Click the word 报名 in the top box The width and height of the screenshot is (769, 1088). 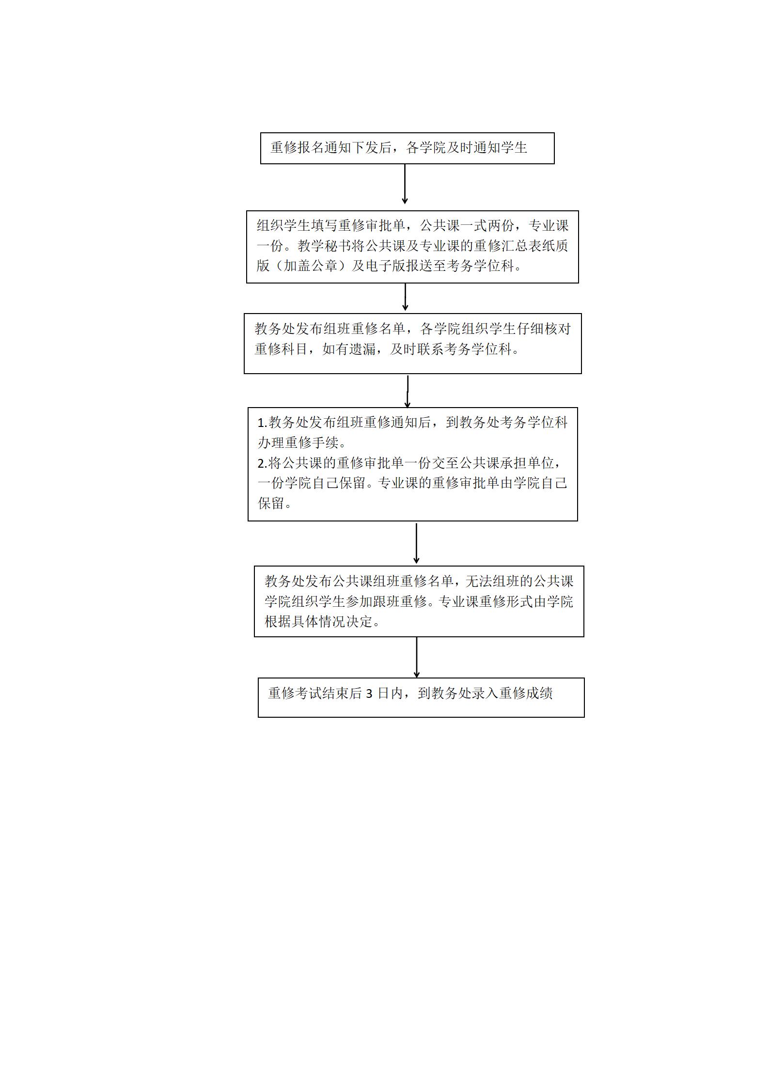(310, 148)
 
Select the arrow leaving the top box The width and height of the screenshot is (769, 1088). (405, 184)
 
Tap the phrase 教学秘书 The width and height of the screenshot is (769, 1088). (324, 246)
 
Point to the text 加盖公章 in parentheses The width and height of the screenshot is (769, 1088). (310, 266)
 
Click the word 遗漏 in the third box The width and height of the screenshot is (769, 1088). (363, 349)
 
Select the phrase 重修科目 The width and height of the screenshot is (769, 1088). (282, 349)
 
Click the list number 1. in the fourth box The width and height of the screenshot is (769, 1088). (263, 423)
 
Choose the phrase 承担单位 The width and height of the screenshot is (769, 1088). (527, 463)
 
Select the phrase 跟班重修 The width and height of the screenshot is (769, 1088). (399, 601)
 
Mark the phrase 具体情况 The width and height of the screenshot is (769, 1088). (319, 621)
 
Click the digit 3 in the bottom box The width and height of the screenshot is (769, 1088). (369, 694)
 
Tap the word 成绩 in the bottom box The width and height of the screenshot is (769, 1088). (539, 694)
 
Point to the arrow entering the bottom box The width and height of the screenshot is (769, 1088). (416, 657)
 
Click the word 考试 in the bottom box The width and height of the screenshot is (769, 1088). (308, 694)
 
